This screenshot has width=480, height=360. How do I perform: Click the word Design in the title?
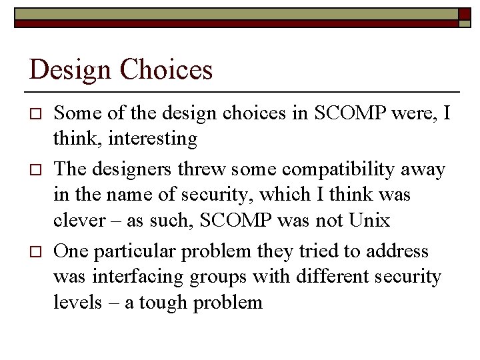click(68, 70)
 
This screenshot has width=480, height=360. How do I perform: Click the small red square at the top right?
click(465, 13)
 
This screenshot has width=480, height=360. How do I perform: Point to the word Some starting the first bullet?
click(74, 114)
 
